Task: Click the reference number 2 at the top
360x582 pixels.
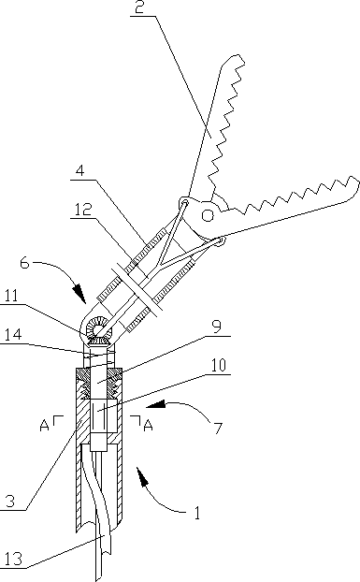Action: [139, 7]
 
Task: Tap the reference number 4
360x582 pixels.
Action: [80, 170]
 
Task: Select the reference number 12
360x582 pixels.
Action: [82, 210]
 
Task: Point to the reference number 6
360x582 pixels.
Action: [24, 263]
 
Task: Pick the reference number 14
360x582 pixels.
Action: [12, 335]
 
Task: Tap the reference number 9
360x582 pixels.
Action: [217, 327]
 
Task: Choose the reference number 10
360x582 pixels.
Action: [219, 365]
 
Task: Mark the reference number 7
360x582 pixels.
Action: [218, 429]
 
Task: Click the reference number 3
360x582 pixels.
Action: [10, 502]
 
